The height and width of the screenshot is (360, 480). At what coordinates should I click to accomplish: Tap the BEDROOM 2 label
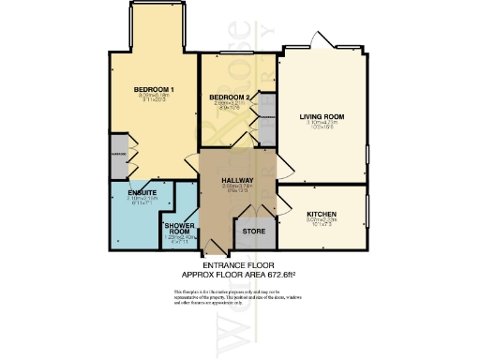pos(229,97)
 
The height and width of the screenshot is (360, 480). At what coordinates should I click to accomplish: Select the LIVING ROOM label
pos(322,117)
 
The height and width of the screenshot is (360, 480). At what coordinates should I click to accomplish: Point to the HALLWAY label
pos(238,180)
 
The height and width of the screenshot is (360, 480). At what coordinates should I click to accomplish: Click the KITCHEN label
pos(322,215)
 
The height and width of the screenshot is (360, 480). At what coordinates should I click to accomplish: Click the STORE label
pos(253,230)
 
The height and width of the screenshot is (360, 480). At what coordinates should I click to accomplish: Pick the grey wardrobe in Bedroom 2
pos(268,118)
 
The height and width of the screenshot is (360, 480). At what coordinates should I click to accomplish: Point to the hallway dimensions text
pos(238,188)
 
